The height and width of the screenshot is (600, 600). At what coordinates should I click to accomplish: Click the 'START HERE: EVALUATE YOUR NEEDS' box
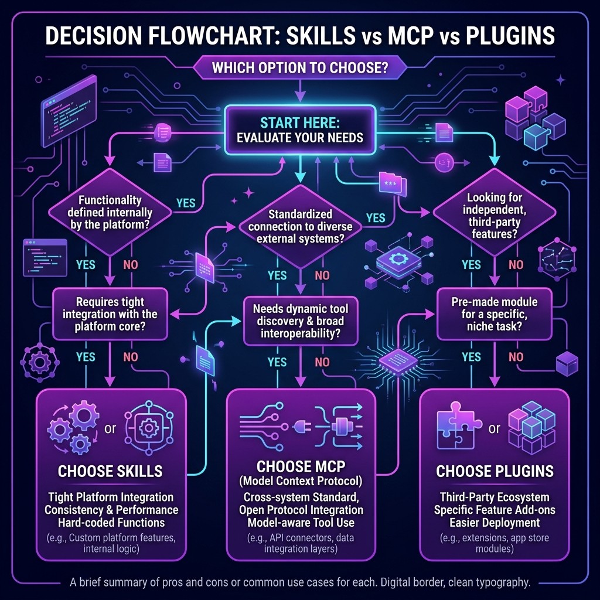tap(300, 131)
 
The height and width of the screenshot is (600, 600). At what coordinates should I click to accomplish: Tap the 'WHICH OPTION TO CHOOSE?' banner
tap(300, 67)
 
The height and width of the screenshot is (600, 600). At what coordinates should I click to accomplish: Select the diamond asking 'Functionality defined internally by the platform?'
tap(109, 212)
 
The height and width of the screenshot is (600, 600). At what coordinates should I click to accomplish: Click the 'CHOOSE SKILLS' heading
tap(110, 471)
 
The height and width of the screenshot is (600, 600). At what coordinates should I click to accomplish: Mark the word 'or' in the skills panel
tap(109, 428)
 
